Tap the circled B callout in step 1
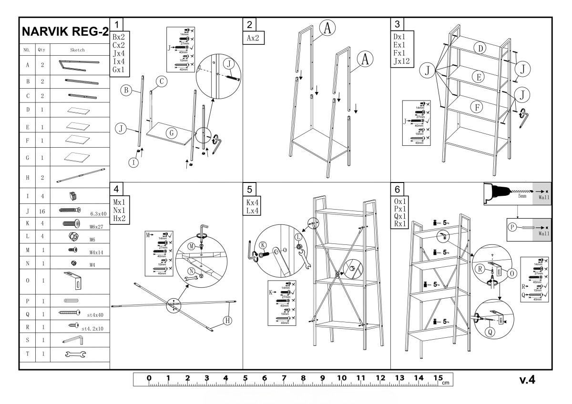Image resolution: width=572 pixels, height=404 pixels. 126,89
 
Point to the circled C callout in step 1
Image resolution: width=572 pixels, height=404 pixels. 162,81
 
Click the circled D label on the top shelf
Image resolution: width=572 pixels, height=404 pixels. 480,48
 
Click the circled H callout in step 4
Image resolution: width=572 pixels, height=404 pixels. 227,321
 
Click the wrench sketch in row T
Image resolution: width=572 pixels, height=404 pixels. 76,354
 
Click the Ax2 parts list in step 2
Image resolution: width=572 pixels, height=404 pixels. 254,38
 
